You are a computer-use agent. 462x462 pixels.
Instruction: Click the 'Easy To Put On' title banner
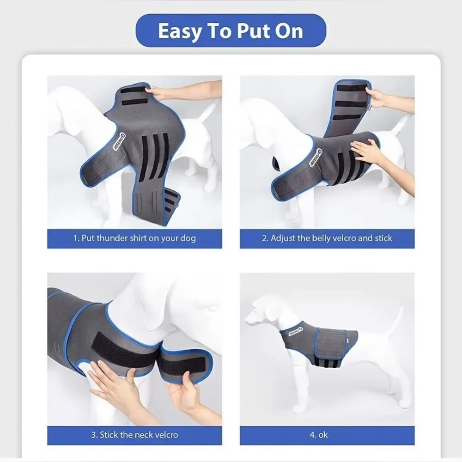click(x=231, y=30)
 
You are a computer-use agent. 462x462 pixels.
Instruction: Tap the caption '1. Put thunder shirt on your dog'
click(x=134, y=238)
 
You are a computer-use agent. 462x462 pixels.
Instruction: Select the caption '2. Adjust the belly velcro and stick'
click(x=327, y=238)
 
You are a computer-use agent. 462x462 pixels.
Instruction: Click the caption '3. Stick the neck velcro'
click(x=134, y=435)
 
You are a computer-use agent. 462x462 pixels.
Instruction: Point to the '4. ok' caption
click(x=318, y=435)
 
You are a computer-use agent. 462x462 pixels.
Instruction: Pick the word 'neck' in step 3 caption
click(x=144, y=435)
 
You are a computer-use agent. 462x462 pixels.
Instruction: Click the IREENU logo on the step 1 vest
click(x=120, y=141)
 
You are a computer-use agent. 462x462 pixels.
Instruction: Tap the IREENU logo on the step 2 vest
click(x=315, y=158)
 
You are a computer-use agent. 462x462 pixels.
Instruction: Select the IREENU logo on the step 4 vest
click(x=296, y=331)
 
